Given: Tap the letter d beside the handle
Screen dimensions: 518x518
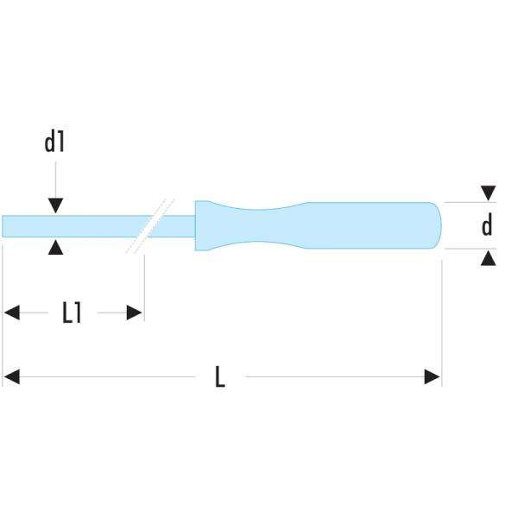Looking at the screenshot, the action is pyautogui.click(x=487, y=226).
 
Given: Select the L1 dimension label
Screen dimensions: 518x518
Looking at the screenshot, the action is pyautogui.click(x=73, y=313).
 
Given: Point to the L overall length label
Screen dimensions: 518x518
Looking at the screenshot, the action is pyautogui.click(x=220, y=377).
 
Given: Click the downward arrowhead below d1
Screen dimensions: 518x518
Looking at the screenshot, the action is pyautogui.click(x=55, y=205).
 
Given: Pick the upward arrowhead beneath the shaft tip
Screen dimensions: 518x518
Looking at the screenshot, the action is pyautogui.click(x=55, y=248).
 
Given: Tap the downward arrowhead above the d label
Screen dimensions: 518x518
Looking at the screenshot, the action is pyautogui.click(x=489, y=193).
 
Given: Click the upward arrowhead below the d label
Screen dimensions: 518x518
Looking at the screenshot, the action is pyautogui.click(x=489, y=257).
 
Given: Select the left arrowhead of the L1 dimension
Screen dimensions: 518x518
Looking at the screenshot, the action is pyautogui.click(x=11, y=313).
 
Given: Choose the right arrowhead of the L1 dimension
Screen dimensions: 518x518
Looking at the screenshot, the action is pyautogui.click(x=135, y=313).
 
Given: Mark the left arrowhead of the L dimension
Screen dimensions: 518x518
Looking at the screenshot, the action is pyautogui.click(x=11, y=377).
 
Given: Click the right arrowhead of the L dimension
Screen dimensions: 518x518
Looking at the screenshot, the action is pyautogui.click(x=433, y=377).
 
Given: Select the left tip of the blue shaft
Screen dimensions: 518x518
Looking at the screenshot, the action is pyautogui.click(x=5, y=225).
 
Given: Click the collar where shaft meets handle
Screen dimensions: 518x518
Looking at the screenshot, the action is pyautogui.click(x=200, y=225).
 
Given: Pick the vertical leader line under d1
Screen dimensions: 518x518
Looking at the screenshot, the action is pyautogui.click(x=55, y=177).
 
